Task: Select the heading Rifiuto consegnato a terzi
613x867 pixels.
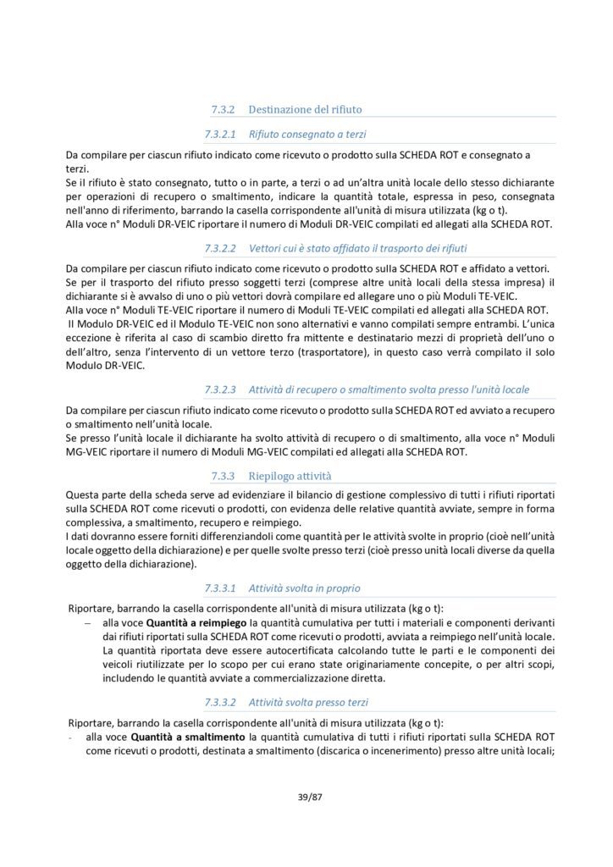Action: tap(307, 134)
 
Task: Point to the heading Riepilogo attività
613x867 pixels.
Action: tap(290, 477)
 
